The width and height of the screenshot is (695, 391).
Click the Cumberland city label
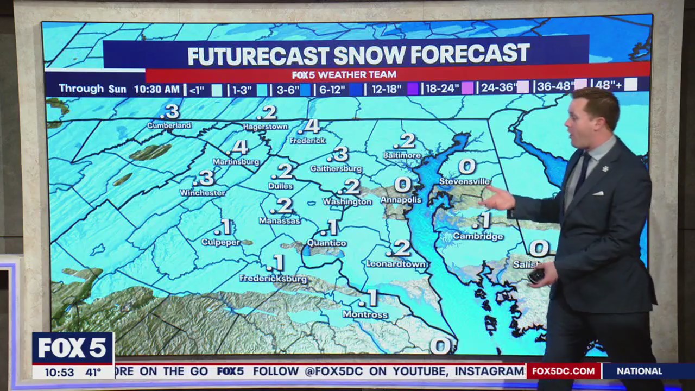tap(169, 125)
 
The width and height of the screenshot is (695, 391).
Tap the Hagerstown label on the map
tap(265, 127)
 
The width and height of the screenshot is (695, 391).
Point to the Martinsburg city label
tap(236, 162)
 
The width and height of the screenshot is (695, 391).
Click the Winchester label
tap(203, 193)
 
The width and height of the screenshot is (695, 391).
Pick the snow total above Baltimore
tap(405, 141)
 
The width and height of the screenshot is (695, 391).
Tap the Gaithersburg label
tap(336, 169)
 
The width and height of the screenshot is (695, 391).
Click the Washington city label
tap(347, 202)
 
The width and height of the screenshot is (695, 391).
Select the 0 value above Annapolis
tap(402, 185)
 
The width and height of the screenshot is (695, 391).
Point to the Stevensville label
tap(464, 181)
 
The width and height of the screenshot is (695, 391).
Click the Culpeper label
tap(220, 242)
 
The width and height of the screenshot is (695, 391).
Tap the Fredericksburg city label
tap(273, 279)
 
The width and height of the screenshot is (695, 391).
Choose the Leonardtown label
tap(396, 264)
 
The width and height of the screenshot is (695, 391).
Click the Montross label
tap(365, 314)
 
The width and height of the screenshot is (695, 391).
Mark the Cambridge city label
tap(478, 236)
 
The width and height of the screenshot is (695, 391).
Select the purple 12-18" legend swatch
tap(413, 89)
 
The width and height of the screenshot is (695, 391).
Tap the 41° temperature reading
tap(93, 373)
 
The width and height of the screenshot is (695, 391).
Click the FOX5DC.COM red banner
tap(563, 371)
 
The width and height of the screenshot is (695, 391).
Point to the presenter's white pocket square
tap(597, 193)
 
